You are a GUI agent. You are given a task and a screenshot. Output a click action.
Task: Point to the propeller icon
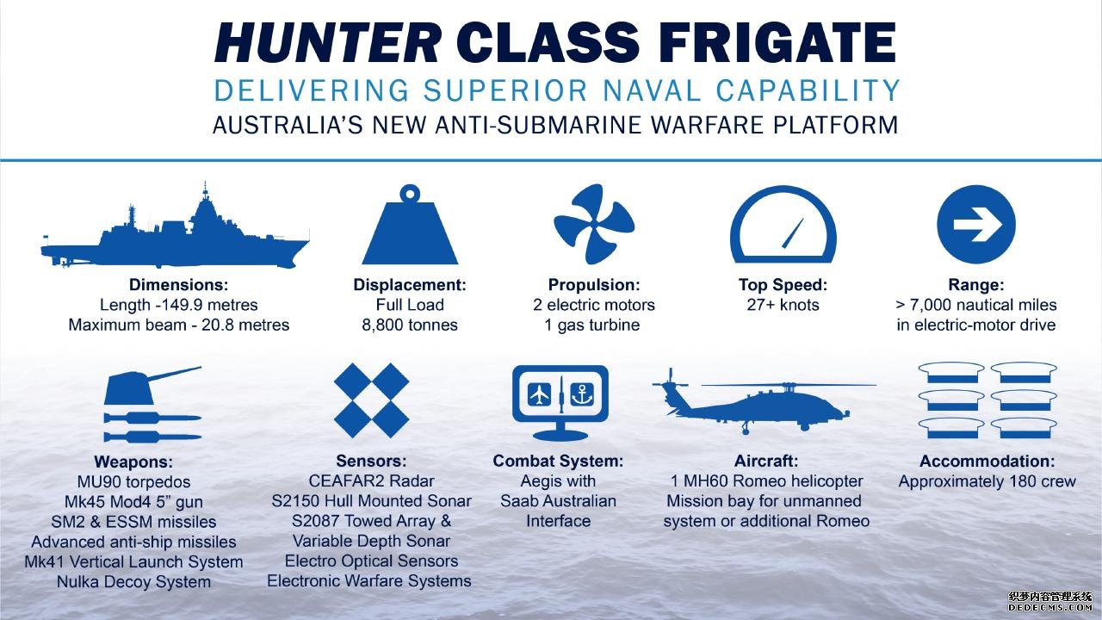pos(594,224)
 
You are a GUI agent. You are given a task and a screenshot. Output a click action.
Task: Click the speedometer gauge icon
pos(783,224)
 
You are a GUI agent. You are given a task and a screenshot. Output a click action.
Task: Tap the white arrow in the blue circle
pos(976,225)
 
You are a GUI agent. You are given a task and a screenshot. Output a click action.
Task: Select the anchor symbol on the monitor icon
pos(582,394)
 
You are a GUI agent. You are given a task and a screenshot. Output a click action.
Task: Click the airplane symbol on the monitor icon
pos(540,394)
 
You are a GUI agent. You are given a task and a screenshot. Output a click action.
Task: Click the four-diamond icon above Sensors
pos(371,400)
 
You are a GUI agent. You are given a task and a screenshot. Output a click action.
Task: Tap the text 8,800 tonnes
pos(410,325)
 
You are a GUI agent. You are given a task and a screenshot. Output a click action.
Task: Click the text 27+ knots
pos(783,305)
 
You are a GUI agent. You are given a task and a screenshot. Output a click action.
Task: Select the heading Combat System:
pos(558,461)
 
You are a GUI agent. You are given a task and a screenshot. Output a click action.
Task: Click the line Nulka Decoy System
pos(133,581)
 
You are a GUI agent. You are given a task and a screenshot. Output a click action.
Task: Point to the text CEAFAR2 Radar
pos(371,480)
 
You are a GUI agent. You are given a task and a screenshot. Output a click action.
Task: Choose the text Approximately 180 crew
pos(987,481)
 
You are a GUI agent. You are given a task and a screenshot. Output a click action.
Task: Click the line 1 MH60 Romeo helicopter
pos(766,480)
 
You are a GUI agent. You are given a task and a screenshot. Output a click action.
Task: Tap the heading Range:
pos(976,285)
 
